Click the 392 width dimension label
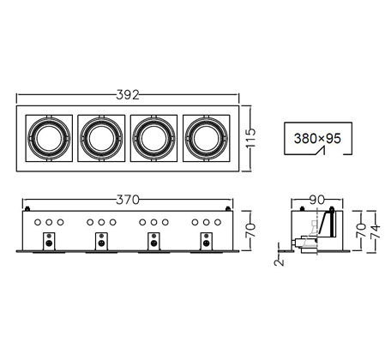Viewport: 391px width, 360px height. [128, 95]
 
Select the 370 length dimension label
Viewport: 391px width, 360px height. [128, 200]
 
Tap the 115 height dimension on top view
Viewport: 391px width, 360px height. [250, 138]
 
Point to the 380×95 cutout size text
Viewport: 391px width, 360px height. [317, 139]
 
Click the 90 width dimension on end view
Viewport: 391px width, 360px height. [317, 200]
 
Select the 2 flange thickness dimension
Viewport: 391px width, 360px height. [279, 262]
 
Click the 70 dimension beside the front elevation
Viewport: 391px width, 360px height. [250, 231]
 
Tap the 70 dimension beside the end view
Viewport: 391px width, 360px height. [361, 231]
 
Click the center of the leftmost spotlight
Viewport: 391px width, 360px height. [49, 138]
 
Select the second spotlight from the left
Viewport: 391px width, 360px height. [101, 138]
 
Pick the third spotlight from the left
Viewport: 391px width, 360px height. [153, 138]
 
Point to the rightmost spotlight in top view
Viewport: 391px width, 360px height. [207, 138]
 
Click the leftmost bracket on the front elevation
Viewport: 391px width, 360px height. [49, 242]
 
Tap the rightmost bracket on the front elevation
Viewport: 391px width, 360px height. [207, 242]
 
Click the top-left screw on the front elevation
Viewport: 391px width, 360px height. [27, 208]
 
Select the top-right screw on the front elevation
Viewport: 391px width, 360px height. [228, 208]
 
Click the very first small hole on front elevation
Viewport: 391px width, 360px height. [38, 222]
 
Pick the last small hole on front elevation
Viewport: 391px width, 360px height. [218, 222]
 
